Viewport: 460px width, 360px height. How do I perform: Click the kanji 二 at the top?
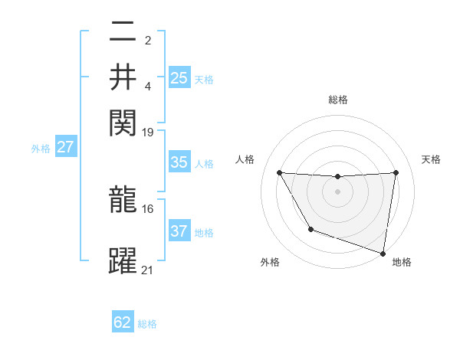click(x=123, y=33)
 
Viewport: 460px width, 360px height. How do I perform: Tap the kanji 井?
click(x=123, y=77)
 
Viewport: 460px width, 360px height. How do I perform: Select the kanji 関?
click(x=123, y=121)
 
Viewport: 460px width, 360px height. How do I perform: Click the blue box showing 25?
click(x=179, y=77)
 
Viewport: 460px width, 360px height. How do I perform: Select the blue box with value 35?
click(x=179, y=162)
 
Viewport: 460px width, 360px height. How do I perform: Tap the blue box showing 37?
click(x=179, y=231)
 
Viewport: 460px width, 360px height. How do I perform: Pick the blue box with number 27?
click(x=65, y=147)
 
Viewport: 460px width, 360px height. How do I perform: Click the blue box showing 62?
click(x=123, y=322)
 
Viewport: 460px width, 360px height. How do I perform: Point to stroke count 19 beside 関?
click(x=148, y=133)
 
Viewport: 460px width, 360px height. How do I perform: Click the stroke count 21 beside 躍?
click(x=148, y=270)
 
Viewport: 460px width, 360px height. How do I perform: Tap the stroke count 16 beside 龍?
click(x=148, y=208)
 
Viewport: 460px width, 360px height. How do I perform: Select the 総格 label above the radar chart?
click(x=338, y=100)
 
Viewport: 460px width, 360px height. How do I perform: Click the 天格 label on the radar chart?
click(x=432, y=159)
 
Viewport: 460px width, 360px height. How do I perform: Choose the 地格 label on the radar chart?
click(x=402, y=262)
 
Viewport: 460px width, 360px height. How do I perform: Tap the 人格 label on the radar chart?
click(x=245, y=159)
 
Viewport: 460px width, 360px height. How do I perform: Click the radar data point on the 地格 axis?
click(x=383, y=253)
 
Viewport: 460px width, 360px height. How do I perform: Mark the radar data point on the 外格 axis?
click(x=310, y=229)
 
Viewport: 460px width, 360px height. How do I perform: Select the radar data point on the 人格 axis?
click(x=279, y=172)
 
